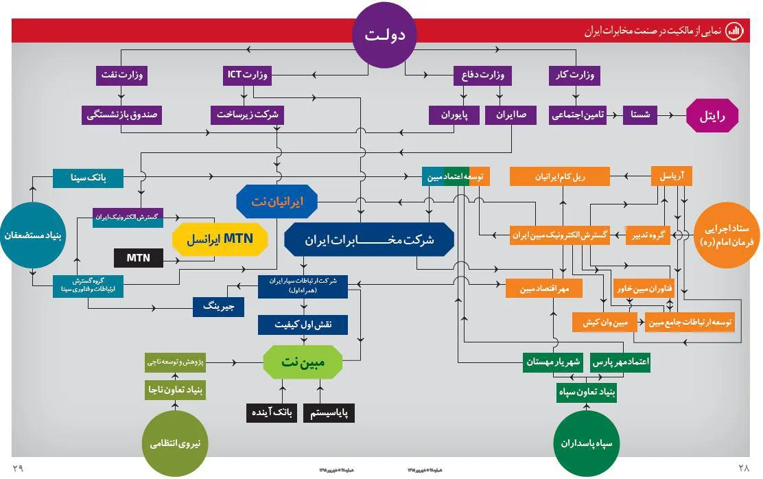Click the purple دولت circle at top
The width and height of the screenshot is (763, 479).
pyautogui.click(x=385, y=36)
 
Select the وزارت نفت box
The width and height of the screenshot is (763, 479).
pyautogui.click(x=121, y=75)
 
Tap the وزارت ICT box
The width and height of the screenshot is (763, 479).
pyautogui.click(x=248, y=75)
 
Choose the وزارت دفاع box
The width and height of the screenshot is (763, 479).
pyautogui.click(x=480, y=75)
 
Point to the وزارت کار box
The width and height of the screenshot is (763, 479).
pyautogui.click(x=574, y=75)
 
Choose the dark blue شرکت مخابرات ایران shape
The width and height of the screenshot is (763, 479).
pyautogui.click(x=369, y=240)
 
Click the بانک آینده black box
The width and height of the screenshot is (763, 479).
pyautogui.click(x=272, y=413)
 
